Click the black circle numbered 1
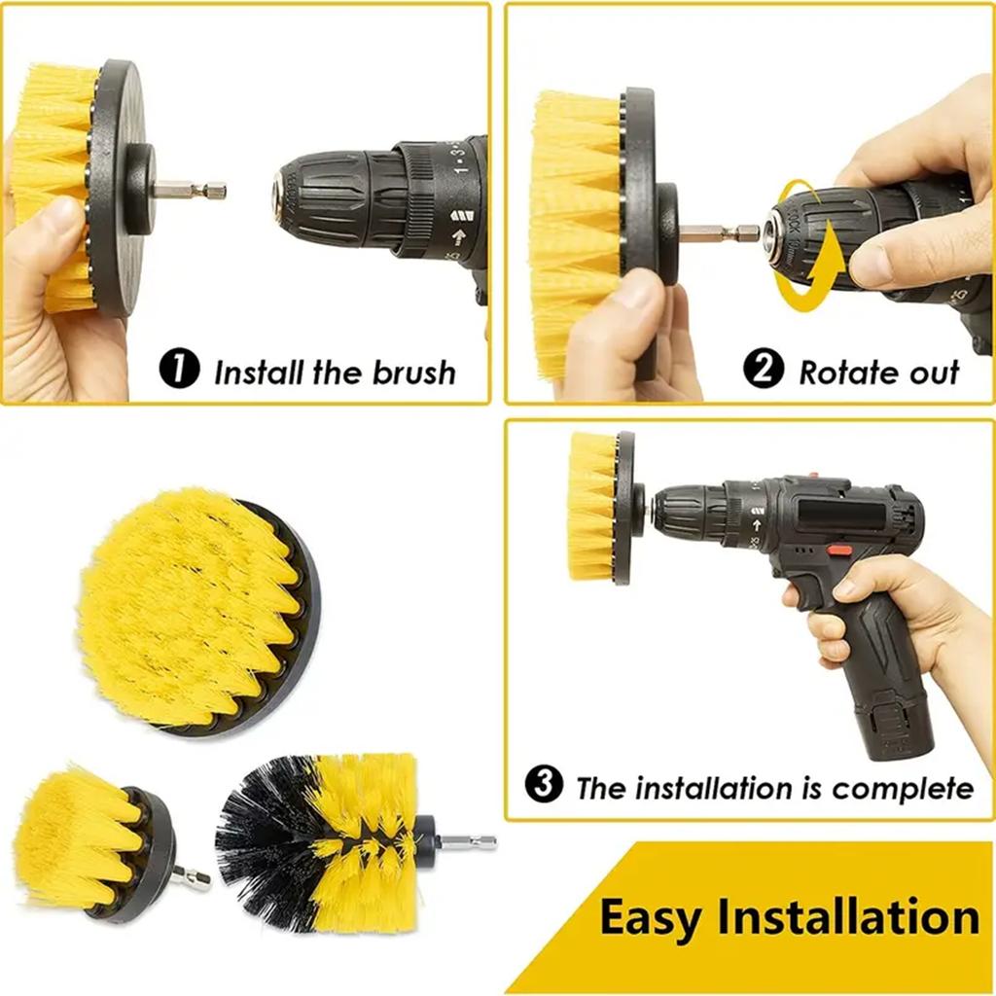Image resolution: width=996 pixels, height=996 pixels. [x=179, y=371]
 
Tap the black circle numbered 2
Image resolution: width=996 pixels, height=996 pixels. [x=765, y=371]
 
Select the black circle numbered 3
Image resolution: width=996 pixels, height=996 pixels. [x=544, y=786]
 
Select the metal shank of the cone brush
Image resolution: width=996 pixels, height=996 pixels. [x=469, y=841]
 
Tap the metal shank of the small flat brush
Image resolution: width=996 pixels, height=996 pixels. [x=193, y=878]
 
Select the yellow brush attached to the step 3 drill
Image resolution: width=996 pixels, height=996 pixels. [x=592, y=506]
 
